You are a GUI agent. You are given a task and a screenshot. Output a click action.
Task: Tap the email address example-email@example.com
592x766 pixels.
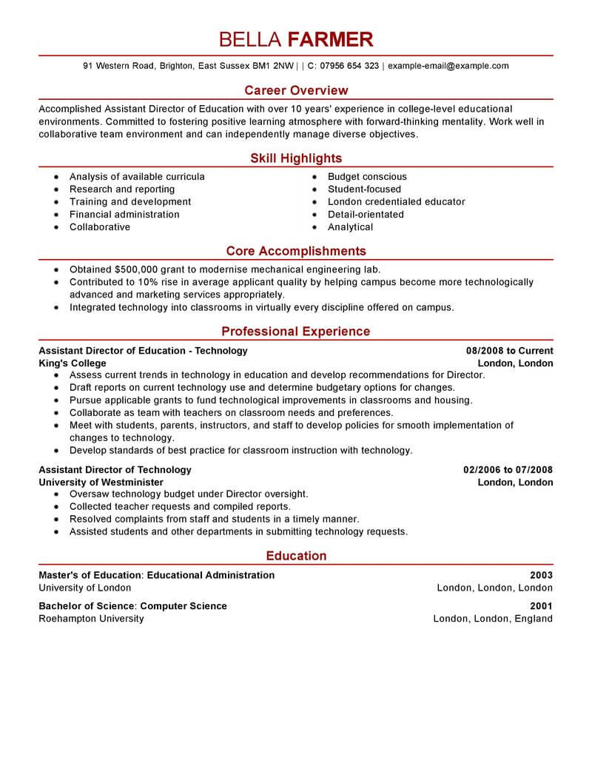click(x=448, y=66)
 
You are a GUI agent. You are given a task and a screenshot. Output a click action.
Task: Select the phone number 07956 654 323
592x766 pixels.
click(x=349, y=66)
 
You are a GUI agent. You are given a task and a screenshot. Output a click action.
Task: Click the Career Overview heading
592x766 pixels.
click(x=296, y=90)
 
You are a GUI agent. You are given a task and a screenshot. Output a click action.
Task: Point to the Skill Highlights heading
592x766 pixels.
click(x=296, y=158)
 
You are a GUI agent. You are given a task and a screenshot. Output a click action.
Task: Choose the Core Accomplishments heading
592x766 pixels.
click(x=296, y=252)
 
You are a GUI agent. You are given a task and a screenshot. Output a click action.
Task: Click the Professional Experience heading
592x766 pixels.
click(x=296, y=332)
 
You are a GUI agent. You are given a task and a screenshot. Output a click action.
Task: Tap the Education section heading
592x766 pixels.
click(x=296, y=556)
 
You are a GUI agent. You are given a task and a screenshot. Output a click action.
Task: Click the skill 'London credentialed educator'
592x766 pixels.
click(x=396, y=202)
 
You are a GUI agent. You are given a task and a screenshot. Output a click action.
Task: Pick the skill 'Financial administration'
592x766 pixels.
click(x=124, y=215)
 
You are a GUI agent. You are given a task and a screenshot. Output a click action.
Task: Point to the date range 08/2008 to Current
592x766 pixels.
click(x=509, y=351)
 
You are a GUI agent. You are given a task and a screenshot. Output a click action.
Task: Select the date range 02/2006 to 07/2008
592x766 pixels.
click(x=508, y=470)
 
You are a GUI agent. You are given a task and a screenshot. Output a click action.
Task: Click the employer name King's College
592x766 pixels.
click(x=73, y=363)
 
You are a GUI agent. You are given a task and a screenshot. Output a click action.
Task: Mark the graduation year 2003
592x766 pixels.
click(x=541, y=575)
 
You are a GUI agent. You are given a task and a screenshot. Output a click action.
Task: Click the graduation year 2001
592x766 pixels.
click(x=541, y=606)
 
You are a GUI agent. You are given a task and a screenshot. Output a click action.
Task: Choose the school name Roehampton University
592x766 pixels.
click(x=91, y=619)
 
